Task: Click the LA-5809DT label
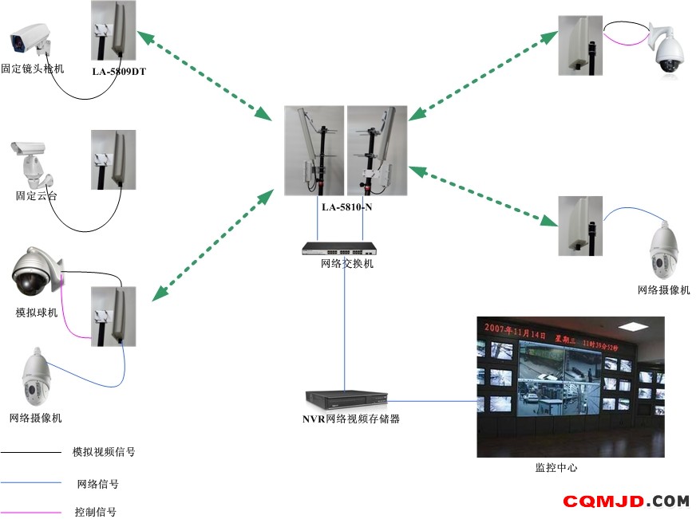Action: (x=119, y=71)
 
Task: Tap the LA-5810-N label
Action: (x=347, y=207)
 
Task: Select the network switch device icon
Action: (x=339, y=249)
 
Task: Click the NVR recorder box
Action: (x=346, y=400)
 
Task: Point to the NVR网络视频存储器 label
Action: (x=351, y=419)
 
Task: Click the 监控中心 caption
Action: (x=556, y=467)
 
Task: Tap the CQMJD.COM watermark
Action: (x=626, y=501)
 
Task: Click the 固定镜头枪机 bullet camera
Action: (x=30, y=39)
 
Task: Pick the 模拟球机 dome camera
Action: (x=37, y=271)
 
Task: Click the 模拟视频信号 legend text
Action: (x=104, y=452)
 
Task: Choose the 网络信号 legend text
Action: (x=97, y=484)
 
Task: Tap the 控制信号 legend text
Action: (x=96, y=511)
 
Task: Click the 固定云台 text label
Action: (x=37, y=196)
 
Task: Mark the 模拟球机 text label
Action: (x=37, y=313)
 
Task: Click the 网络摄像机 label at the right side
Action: (x=663, y=290)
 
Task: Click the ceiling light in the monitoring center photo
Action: (x=634, y=326)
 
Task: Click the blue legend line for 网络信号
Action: (x=31, y=482)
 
